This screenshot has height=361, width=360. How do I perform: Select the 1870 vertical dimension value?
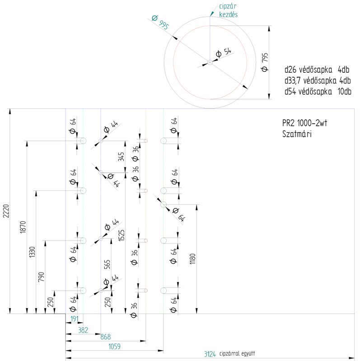[23, 227]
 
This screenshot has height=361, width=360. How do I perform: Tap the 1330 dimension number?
[32, 252]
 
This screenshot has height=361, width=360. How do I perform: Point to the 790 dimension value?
[41, 277]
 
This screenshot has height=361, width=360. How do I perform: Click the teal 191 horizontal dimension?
[74, 319]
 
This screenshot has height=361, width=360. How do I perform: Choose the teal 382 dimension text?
[83, 330]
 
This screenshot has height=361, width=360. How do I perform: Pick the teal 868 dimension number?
[106, 337]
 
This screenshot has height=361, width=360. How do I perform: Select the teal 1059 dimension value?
[115, 346]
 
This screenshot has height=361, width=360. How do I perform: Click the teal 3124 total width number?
[210, 354]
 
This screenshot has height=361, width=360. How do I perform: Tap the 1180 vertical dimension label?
[193, 259]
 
